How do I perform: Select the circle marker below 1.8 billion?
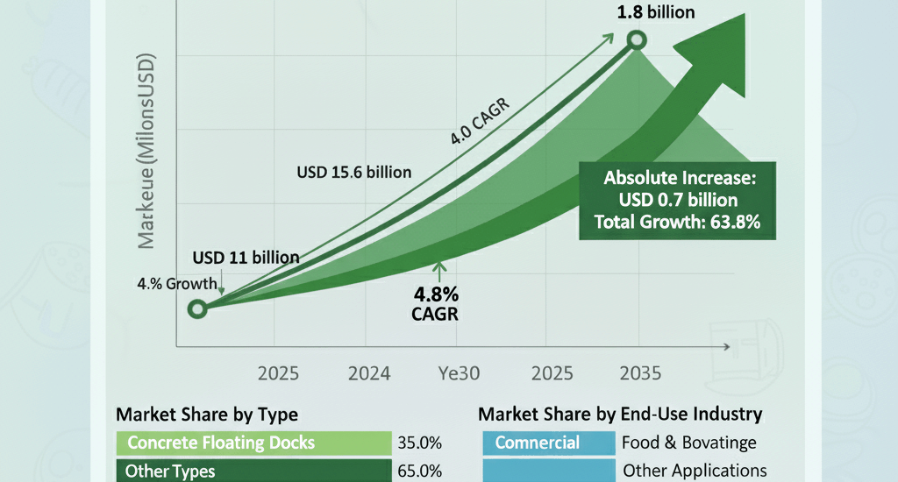pos(638,40)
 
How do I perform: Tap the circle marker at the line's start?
pos(198,308)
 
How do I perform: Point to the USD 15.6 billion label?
pos(354,172)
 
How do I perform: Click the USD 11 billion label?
pos(246,258)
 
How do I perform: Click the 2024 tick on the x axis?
pos(369,372)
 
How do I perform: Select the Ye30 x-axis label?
pos(459,372)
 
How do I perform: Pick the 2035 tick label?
pos(640,372)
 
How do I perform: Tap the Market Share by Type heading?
pos(207,414)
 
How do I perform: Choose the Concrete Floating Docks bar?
pos(253,443)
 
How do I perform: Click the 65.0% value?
pos(419,471)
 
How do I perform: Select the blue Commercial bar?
pos(548,443)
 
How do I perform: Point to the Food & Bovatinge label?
pos(689,443)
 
